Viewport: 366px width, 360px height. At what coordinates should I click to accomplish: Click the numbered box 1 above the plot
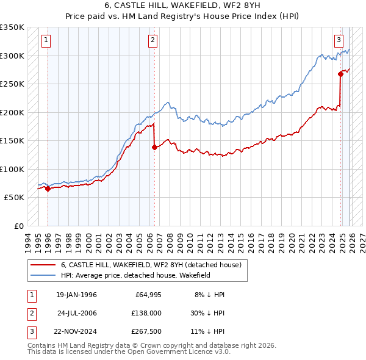tap(46, 41)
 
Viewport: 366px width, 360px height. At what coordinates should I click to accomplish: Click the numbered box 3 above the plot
tap(339, 41)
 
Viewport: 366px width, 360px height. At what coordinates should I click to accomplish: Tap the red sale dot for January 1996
tap(48, 189)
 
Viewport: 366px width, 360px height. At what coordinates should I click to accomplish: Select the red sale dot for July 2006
tap(154, 147)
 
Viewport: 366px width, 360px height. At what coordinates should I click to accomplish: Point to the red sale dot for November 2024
tap(340, 74)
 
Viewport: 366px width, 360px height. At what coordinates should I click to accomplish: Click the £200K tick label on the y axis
tap(12, 112)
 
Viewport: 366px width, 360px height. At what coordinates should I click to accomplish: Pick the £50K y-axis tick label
tap(14, 198)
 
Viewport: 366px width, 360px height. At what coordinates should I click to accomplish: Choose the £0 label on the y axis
tap(18, 226)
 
